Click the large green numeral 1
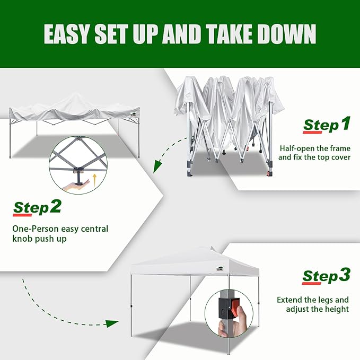(346, 124)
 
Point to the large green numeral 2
(55, 206)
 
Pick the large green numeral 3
(345, 274)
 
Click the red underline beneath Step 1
(312, 132)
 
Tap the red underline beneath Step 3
(311, 283)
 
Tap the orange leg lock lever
(235, 307)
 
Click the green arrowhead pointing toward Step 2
(157, 166)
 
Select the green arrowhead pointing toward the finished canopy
(112, 323)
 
